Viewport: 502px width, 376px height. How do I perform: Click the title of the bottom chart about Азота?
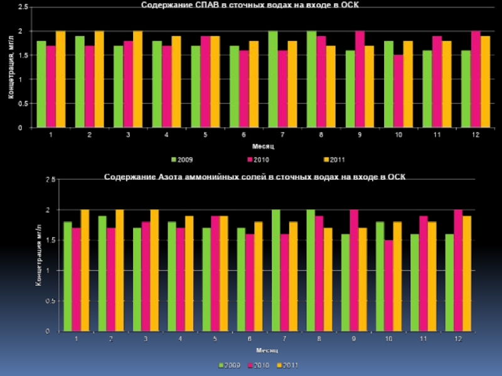click(255, 177)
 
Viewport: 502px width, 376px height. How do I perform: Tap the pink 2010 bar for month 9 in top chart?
click(360, 80)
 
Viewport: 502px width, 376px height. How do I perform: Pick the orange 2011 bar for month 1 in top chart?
click(60, 80)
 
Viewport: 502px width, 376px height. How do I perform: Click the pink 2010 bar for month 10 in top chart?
click(398, 91)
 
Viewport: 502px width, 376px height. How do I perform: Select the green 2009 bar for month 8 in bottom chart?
click(310, 270)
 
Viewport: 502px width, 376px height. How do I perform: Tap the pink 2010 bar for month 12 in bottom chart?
click(457, 270)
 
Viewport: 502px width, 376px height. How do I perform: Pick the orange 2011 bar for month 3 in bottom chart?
click(154, 270)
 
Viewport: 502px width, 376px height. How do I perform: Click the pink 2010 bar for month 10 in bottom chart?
click(388, 285)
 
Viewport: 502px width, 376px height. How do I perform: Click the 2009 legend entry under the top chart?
click(184, 159)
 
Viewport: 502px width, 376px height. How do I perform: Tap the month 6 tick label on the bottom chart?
click(250, 339)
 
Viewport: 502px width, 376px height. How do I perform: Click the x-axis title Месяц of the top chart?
click(254, 146)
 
